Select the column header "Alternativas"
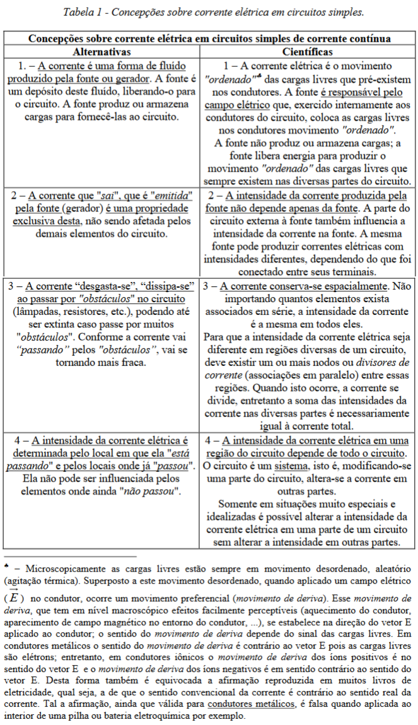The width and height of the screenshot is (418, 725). tap(102, 51)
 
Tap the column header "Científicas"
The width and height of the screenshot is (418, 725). tap(308, 51)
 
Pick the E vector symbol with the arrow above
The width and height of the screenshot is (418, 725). tap(13, 596)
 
